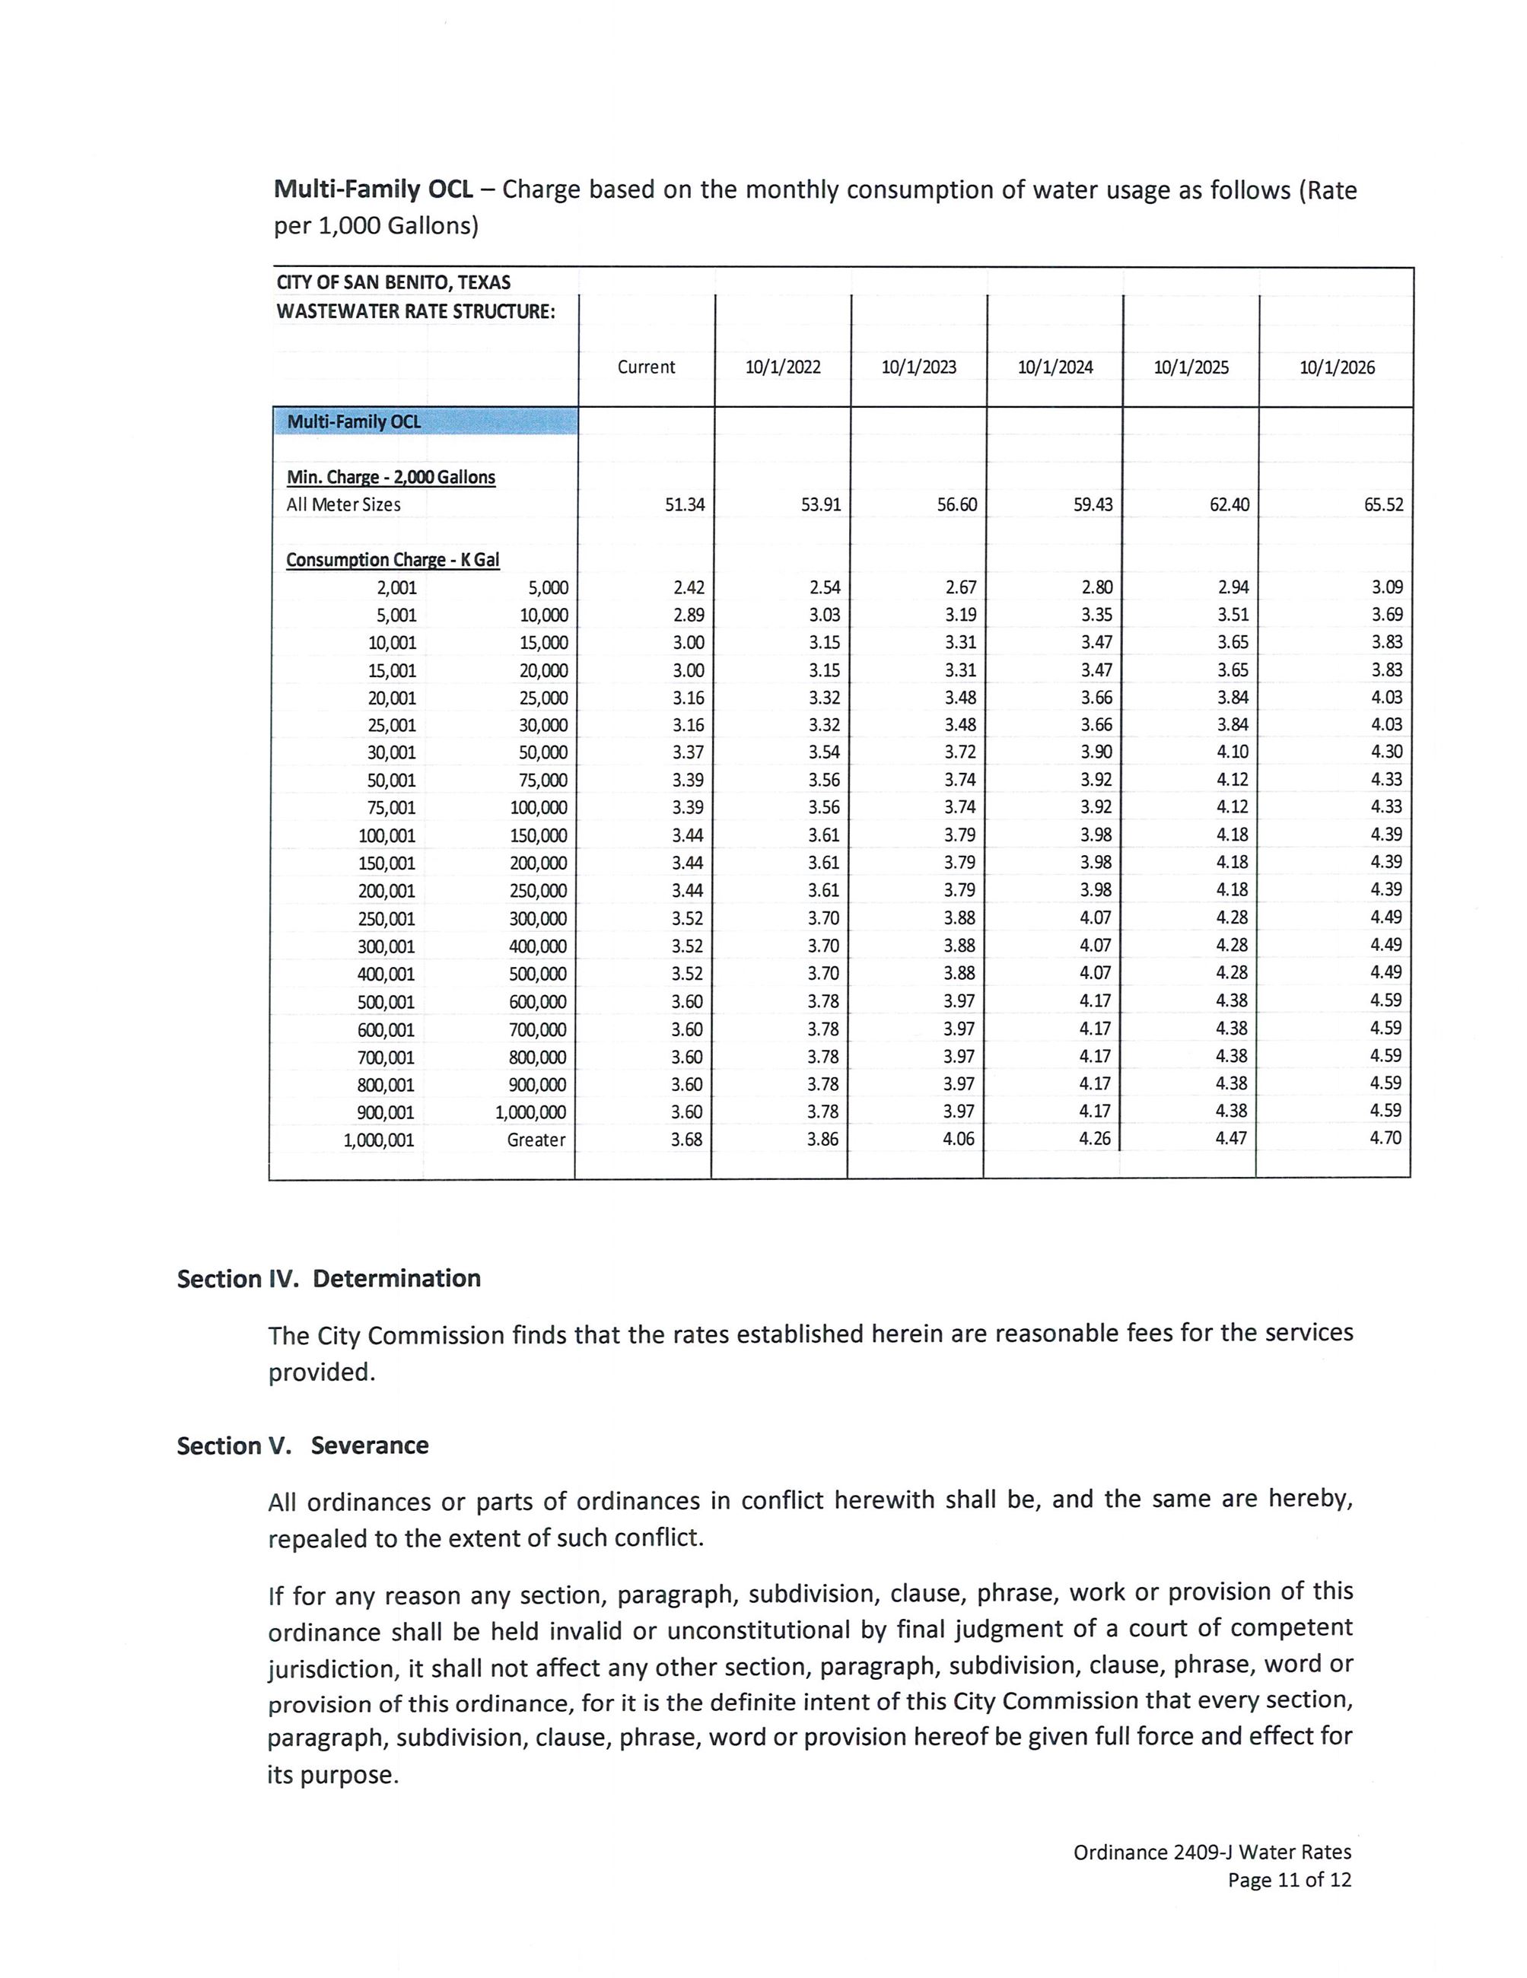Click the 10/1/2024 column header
point(1055,367)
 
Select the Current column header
point(646,367)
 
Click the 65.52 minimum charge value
point(1383,504)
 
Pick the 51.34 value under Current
point(684,504)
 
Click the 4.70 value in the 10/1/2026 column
point(1385,1137)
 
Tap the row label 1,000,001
point(379,1140)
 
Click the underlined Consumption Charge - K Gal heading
point(392,560)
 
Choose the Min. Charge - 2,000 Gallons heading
point(390,477)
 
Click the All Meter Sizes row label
point(343,504)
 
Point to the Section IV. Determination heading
point(329,1279)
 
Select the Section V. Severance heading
point(303,1445)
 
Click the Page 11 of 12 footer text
point(1289,1879)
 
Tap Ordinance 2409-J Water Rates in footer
point(1212,1852)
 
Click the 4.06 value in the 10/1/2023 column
point(958,1138)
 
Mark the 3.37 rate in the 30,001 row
point(688,752)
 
